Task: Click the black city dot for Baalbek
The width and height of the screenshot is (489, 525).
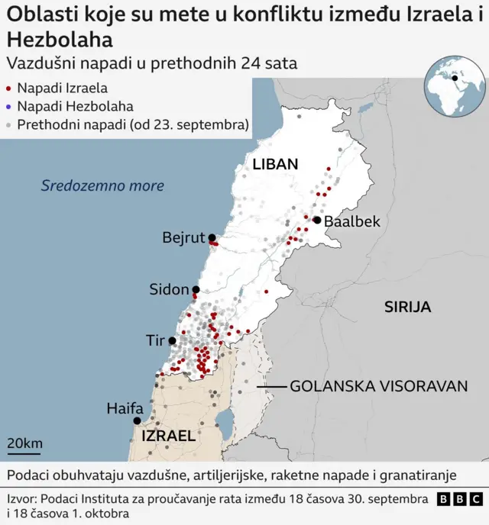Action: tap(317, 220)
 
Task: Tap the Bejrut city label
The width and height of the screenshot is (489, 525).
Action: tap(183, 237)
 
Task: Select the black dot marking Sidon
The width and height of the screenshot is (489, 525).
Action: tap(196, 289)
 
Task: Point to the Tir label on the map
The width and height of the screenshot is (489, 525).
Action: tap(156, 340)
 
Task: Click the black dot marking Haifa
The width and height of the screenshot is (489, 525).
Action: tap(138, 420)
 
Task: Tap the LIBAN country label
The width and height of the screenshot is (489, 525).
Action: tap(275, 164)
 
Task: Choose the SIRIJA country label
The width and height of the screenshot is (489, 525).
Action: tap(407, 307)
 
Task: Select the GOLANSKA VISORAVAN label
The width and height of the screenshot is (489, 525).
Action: tap(378, 386)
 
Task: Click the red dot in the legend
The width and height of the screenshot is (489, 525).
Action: tap(8, 89)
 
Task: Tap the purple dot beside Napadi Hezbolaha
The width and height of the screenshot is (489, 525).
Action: tap(8, 107)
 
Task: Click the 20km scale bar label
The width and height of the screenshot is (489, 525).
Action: tap(24, 443)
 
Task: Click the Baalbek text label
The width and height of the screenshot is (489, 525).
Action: tap(352, 221)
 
